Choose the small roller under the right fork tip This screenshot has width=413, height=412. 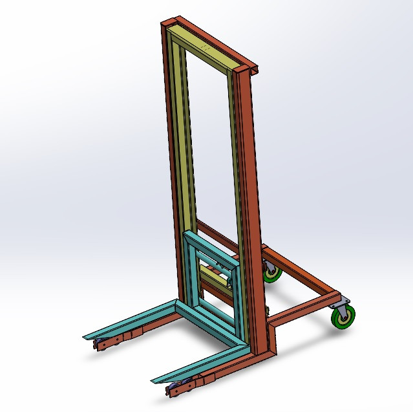[x=175, y=389]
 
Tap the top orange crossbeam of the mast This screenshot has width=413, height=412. [x=207, y=39]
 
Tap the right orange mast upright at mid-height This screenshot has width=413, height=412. [x=249, y=194]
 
